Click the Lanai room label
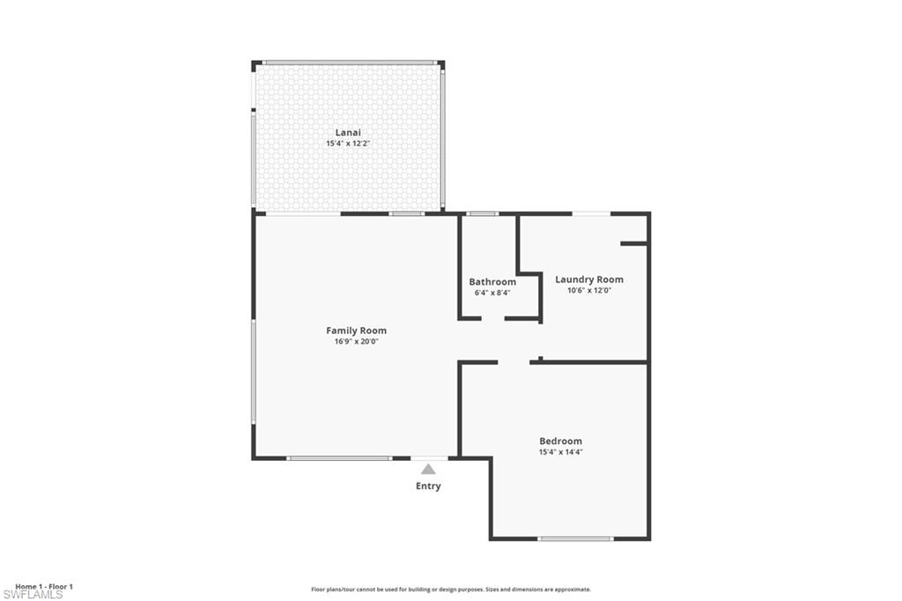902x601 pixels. point(348,132)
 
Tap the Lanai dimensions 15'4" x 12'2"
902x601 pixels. point(348,144)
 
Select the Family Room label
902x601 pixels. point(356,330)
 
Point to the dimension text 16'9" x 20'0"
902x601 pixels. point(356,342)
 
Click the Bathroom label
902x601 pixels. point(492,282)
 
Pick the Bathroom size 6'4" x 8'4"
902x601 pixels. point(492,293)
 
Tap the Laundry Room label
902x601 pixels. point(589,279)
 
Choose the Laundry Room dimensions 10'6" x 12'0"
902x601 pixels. point(589,290)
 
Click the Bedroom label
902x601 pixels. point(560,441)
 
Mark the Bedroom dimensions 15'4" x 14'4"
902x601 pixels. point(560,452)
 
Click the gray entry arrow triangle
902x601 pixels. point(428,470)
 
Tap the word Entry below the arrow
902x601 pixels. point(428,486)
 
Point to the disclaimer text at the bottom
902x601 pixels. point(450,590)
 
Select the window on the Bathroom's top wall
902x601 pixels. point(482,213)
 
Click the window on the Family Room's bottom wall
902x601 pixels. point(339,458)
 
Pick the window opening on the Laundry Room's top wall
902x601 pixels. point(591,213)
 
